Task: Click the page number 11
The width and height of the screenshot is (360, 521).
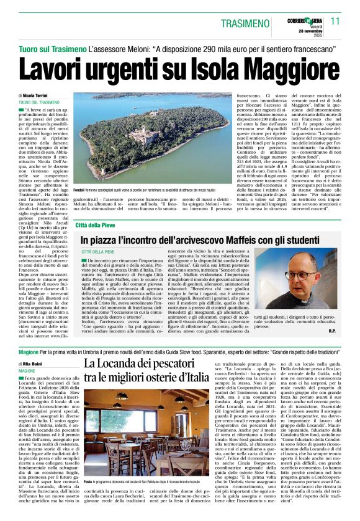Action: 335,20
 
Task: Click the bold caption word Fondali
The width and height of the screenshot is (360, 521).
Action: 79,189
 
